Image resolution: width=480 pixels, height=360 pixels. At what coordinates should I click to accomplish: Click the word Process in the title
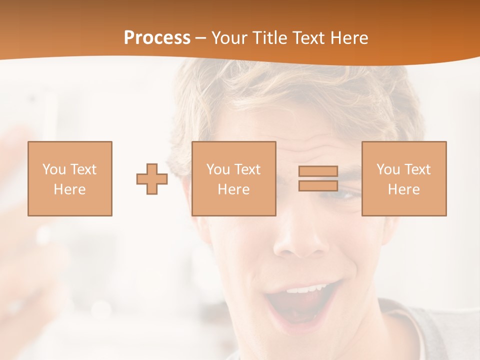(157, 38)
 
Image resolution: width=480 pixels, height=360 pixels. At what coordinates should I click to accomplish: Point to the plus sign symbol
(152, 179)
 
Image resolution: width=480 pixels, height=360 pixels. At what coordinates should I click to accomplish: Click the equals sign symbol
(318, 178)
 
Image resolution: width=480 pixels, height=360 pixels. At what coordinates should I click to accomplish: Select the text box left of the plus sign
(70, 178)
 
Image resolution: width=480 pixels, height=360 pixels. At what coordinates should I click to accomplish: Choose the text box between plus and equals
(233, 178)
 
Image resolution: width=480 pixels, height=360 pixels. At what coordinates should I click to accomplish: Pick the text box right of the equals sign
(404, 178)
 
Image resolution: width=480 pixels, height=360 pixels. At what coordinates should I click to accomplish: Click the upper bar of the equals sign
(318, 171)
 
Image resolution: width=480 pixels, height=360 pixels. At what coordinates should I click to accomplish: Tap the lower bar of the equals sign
(318, 185)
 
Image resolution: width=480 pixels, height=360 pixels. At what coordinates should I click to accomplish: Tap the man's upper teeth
(306, 289)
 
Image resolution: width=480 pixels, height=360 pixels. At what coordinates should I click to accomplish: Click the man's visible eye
(345, 194)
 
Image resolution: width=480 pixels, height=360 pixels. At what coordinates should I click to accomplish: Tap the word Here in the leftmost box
(70, 189)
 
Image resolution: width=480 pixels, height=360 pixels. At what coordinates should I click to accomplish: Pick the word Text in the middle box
(247, 169)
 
